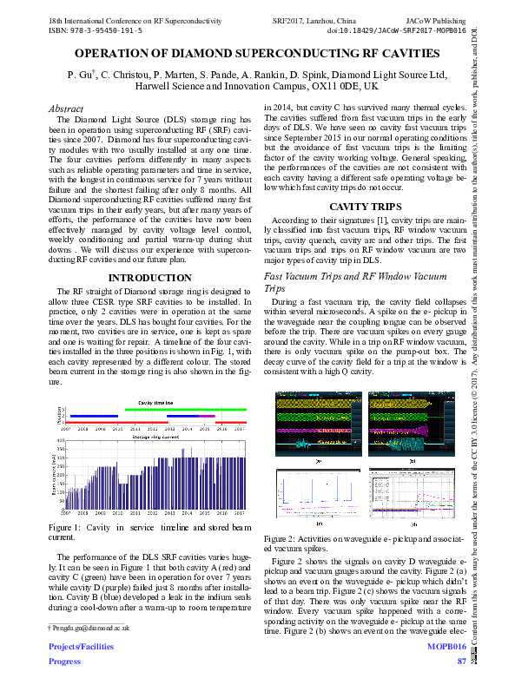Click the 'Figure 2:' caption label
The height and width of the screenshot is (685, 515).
click(x=283, y=540)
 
